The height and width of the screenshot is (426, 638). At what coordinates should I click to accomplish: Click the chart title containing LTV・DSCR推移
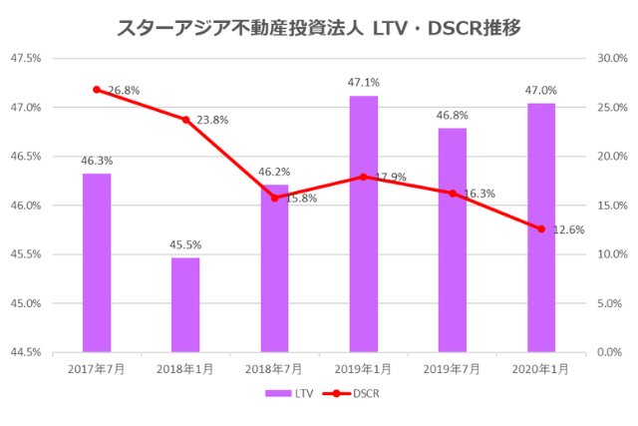[318, 27]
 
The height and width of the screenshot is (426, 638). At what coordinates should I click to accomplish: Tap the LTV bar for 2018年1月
[185, 304]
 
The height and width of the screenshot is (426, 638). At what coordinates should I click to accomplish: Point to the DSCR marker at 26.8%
[97, 90]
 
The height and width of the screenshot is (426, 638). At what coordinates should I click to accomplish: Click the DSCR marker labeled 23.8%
[185, 120]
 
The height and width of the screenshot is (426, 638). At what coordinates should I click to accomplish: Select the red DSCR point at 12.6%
[541, 228]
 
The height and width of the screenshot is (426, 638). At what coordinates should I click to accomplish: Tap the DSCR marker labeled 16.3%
[453, 193]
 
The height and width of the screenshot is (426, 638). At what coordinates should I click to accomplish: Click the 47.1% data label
[363, 83]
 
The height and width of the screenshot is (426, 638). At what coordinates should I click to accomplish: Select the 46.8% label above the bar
[452, 115]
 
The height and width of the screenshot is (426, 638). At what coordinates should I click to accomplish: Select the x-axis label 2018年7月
[274, 368]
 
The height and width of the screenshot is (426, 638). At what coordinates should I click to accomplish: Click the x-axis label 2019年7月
[452, 368]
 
